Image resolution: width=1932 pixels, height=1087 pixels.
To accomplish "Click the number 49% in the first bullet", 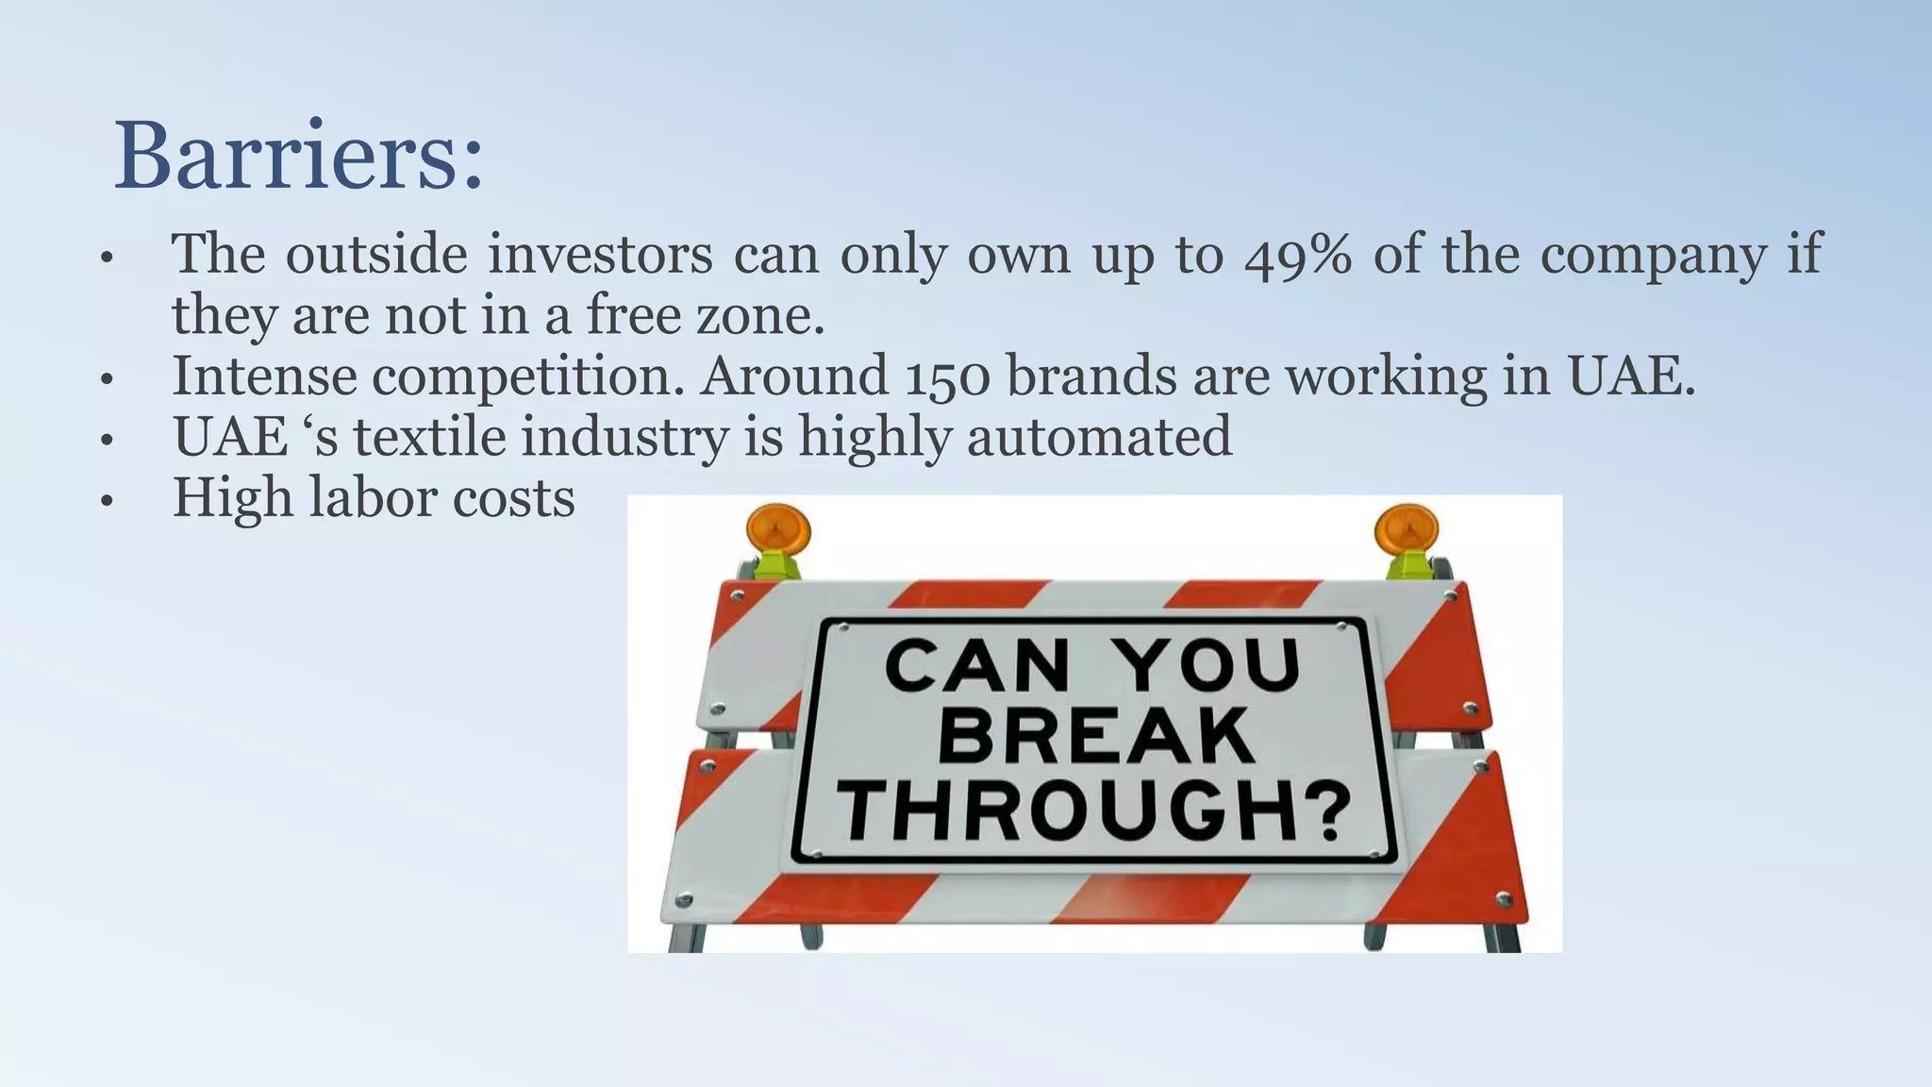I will [1297, 255].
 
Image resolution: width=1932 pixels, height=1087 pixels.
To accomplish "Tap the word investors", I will [600, 255].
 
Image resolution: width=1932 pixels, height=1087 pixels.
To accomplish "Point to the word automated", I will [1099, 437].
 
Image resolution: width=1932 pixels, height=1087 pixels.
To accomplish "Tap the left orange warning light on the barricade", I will [777, 531].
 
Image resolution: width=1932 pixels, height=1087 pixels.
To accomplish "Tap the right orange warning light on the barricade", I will [1407, 531].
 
